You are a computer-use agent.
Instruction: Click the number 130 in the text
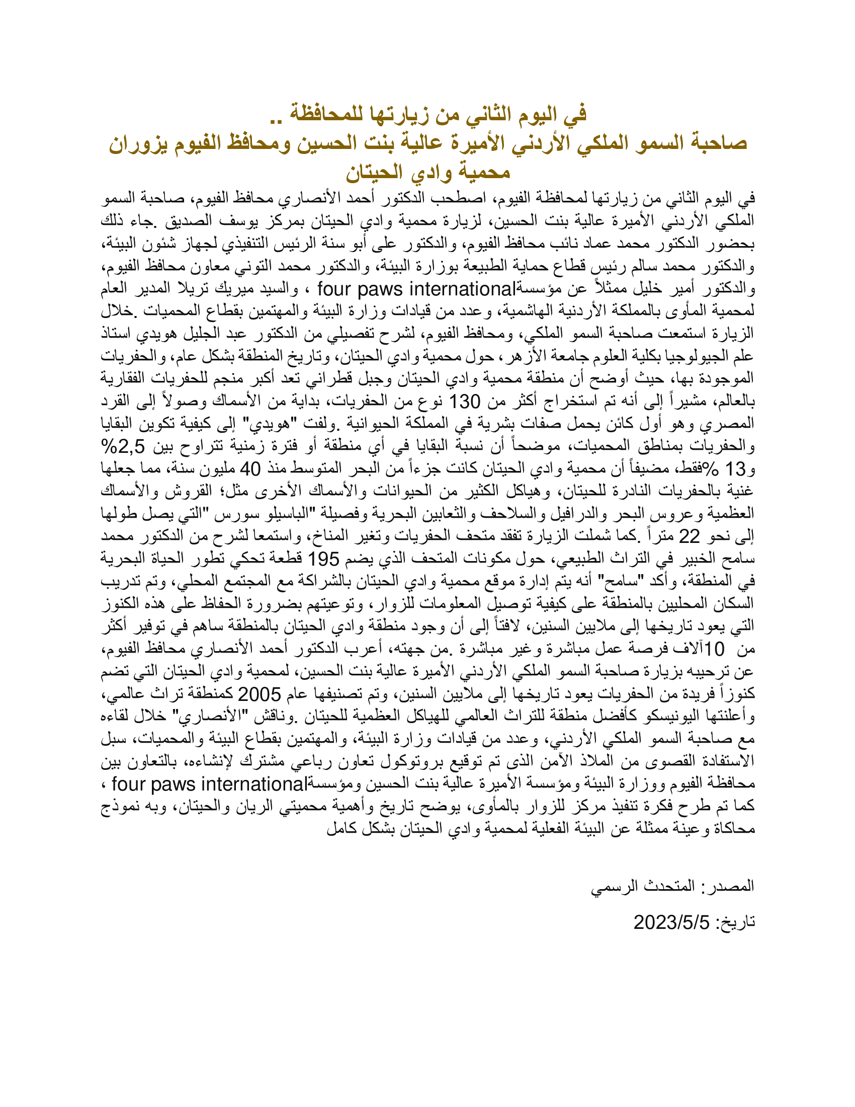(465, 402)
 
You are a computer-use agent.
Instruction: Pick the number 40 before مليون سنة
(250, 469)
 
